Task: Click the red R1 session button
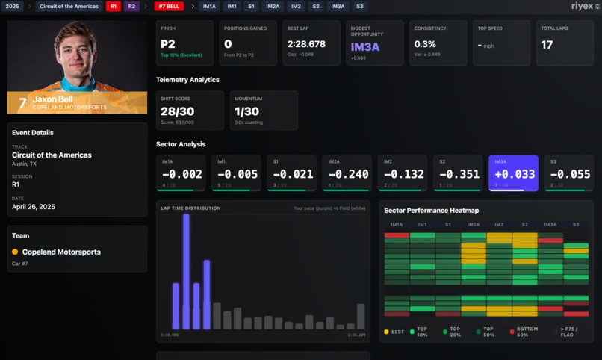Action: click(113, 7)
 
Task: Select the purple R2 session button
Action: click(131, 7)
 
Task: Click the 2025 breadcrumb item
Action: click(13, 7)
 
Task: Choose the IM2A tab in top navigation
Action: click(273, 7)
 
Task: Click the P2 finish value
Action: click(168, 44)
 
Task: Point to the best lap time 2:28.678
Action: click(306, 44)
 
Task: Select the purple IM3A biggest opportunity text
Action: click(365, 46)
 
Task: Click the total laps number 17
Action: click(547, 45)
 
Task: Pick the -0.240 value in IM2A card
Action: click(349, 174)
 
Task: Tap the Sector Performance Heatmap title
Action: click(431, 211)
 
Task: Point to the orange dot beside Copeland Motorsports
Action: click(15, 252)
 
